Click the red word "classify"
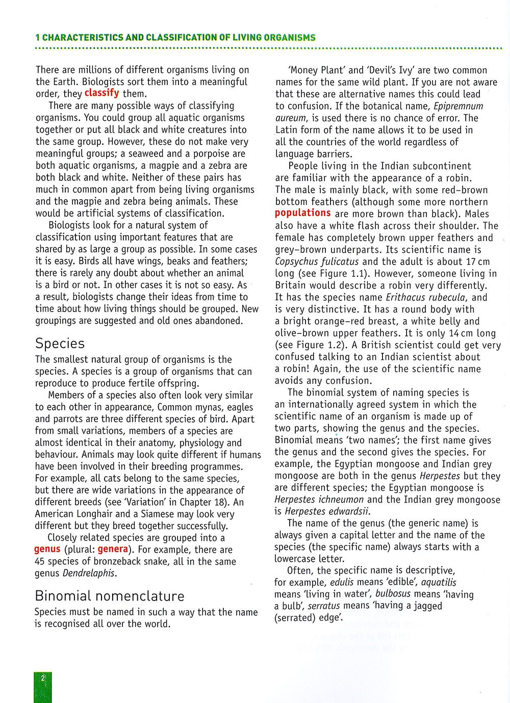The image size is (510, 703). click(101, 93)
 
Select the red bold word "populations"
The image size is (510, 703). click(303, 213)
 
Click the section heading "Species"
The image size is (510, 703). click(60, 343)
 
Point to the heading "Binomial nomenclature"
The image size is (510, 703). click(110, 595)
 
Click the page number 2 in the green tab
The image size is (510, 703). click(43, 678)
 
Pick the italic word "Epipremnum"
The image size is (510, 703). click(458, 106)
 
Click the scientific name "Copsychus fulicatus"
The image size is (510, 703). click(317, 262)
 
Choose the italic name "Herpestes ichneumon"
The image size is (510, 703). click(319, 500)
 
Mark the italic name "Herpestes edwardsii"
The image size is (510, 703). click(327, 511)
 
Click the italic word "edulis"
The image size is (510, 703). click(342, 582)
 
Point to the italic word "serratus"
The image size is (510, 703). click(324, 606)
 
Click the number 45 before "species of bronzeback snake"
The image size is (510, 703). click(40, 562)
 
